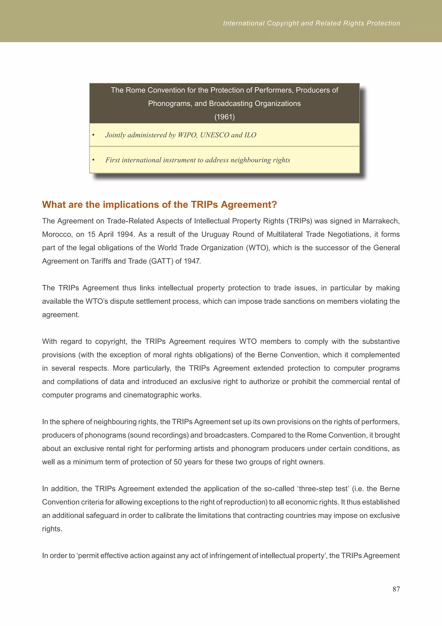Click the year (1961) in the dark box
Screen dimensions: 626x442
point(224,117)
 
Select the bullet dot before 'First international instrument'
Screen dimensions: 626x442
point(93,160)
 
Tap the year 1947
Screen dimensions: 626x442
point(192,261)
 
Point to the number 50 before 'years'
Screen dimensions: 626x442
point(177,462)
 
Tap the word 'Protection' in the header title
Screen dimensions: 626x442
point(383,23)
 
